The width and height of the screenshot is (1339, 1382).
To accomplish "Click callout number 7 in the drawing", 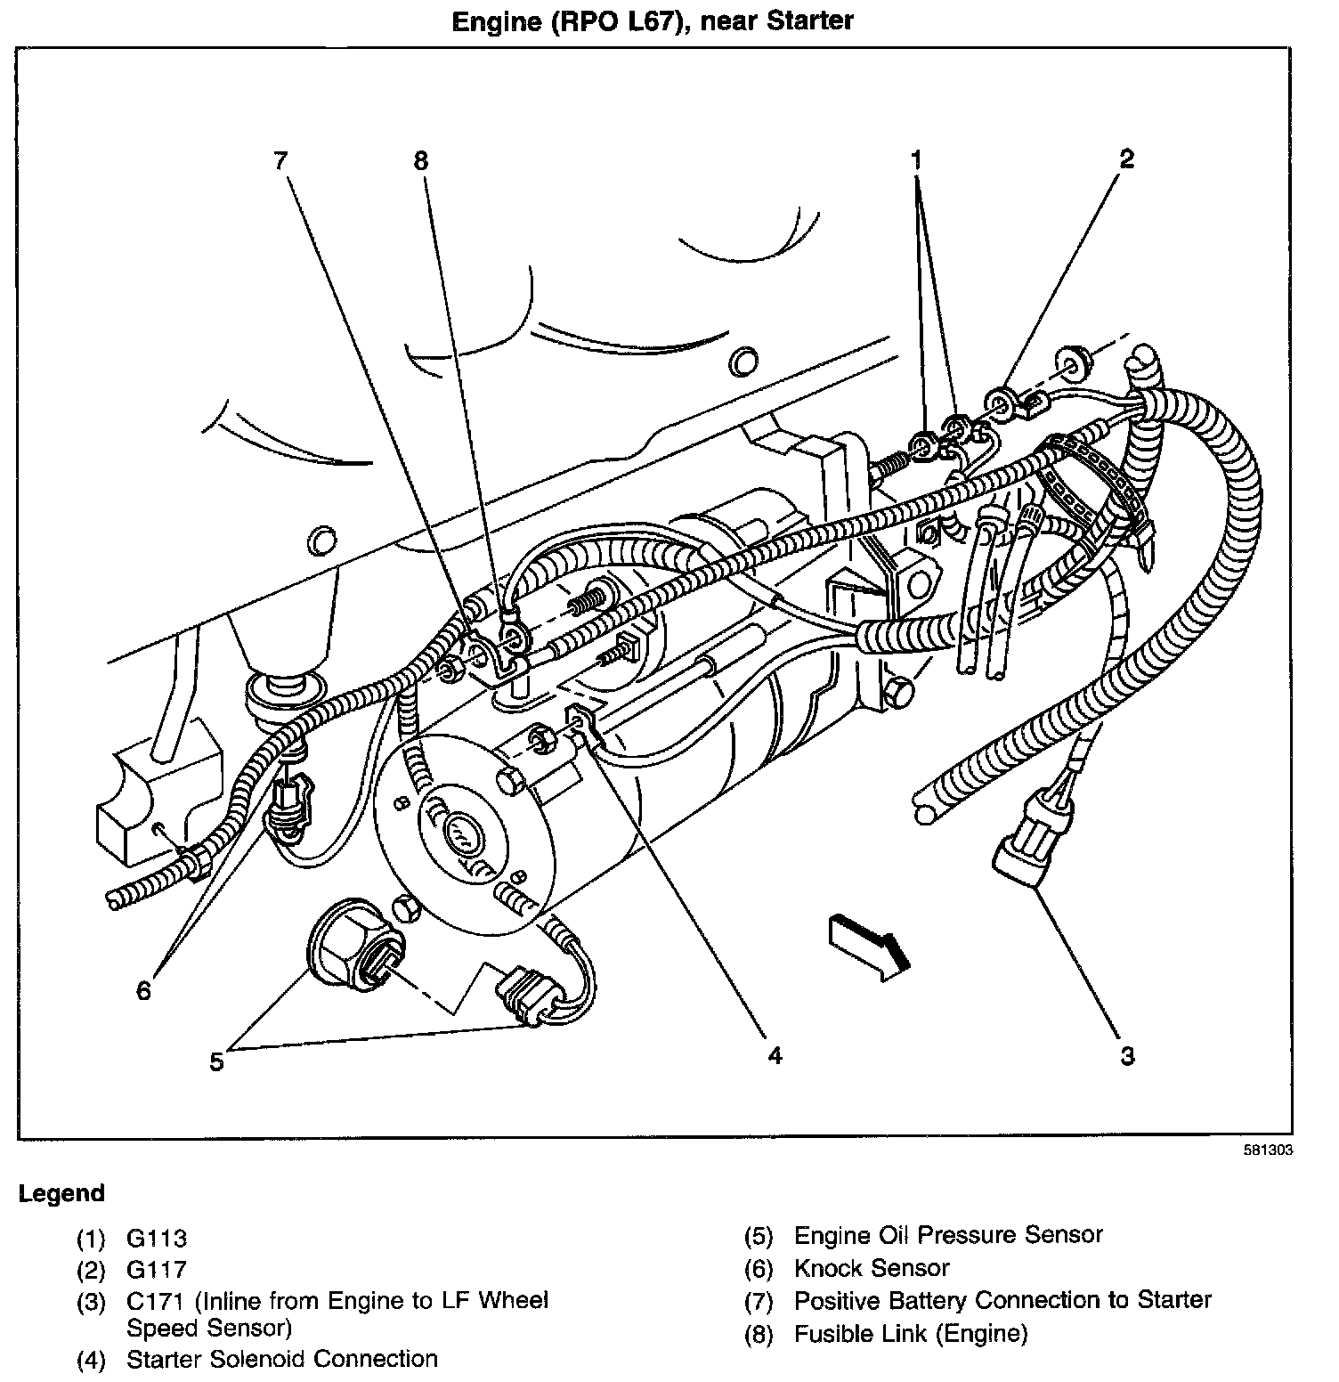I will [281, 161].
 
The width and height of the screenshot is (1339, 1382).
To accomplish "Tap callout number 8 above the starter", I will [421, 161].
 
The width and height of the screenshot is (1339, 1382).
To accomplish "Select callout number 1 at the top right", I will [916, 161].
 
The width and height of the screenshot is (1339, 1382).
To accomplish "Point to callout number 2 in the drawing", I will [1126, 159].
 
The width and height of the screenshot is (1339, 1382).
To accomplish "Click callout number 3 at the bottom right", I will [1127, 1057].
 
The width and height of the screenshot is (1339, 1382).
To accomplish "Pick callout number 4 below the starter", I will [775, 1056].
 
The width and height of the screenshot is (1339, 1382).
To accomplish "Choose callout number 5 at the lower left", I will [216, 1062].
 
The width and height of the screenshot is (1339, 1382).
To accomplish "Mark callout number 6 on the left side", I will [144, 990].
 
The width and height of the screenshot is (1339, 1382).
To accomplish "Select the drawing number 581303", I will [1268, 1150].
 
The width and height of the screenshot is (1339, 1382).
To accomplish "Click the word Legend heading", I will [61, 1193].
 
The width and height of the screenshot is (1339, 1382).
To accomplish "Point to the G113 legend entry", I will [157, 1238].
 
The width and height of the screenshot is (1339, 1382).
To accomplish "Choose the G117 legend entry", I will [157, 1268].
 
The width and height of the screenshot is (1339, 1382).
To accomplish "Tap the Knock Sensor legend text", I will [872, 1268].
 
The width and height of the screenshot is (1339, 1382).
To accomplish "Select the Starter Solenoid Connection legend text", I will [282, 1359].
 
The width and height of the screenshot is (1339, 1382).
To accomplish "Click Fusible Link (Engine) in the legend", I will [910, 1333].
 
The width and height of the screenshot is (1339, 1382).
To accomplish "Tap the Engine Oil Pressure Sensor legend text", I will [948, 1235].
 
